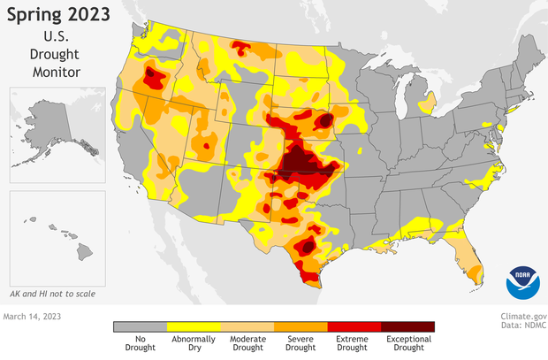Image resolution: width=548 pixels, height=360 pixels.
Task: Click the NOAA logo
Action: coord(521,282)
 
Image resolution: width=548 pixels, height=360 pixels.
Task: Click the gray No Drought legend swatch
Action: coord(140,326)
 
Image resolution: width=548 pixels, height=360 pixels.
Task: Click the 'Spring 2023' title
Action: coord(59,15)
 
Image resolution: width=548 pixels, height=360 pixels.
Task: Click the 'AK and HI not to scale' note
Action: coord(52,293)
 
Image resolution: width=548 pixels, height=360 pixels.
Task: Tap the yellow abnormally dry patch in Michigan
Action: coord(424,105)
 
